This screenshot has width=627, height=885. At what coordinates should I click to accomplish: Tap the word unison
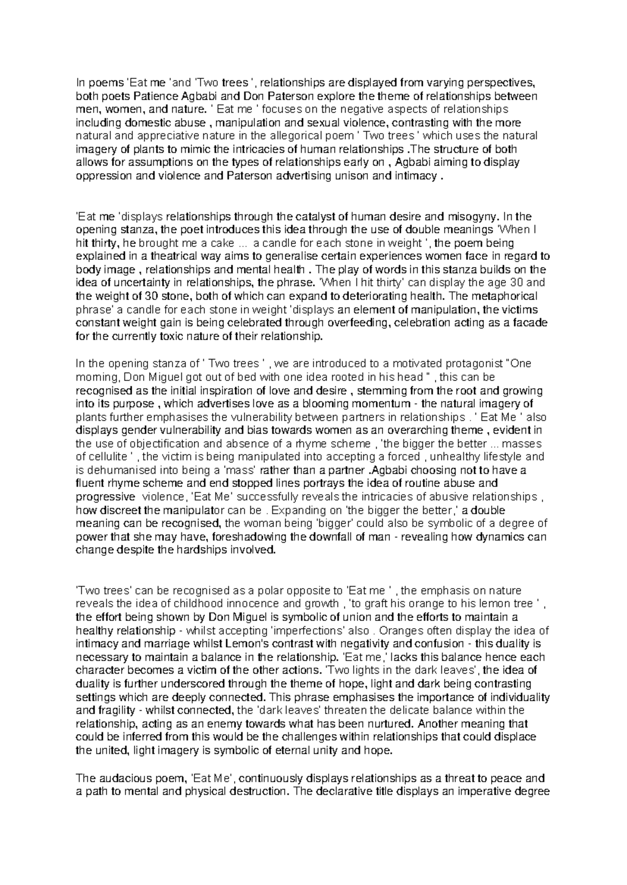tap(352, 176)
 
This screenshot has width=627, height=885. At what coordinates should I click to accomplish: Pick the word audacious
tap(118, 778)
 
